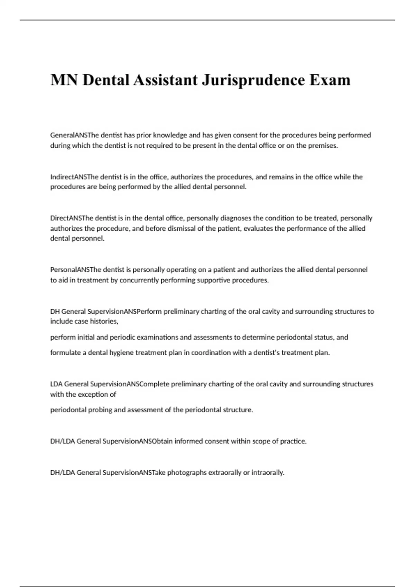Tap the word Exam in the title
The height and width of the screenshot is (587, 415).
pos(330,80)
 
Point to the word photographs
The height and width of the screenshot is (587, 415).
pos(187,472)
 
